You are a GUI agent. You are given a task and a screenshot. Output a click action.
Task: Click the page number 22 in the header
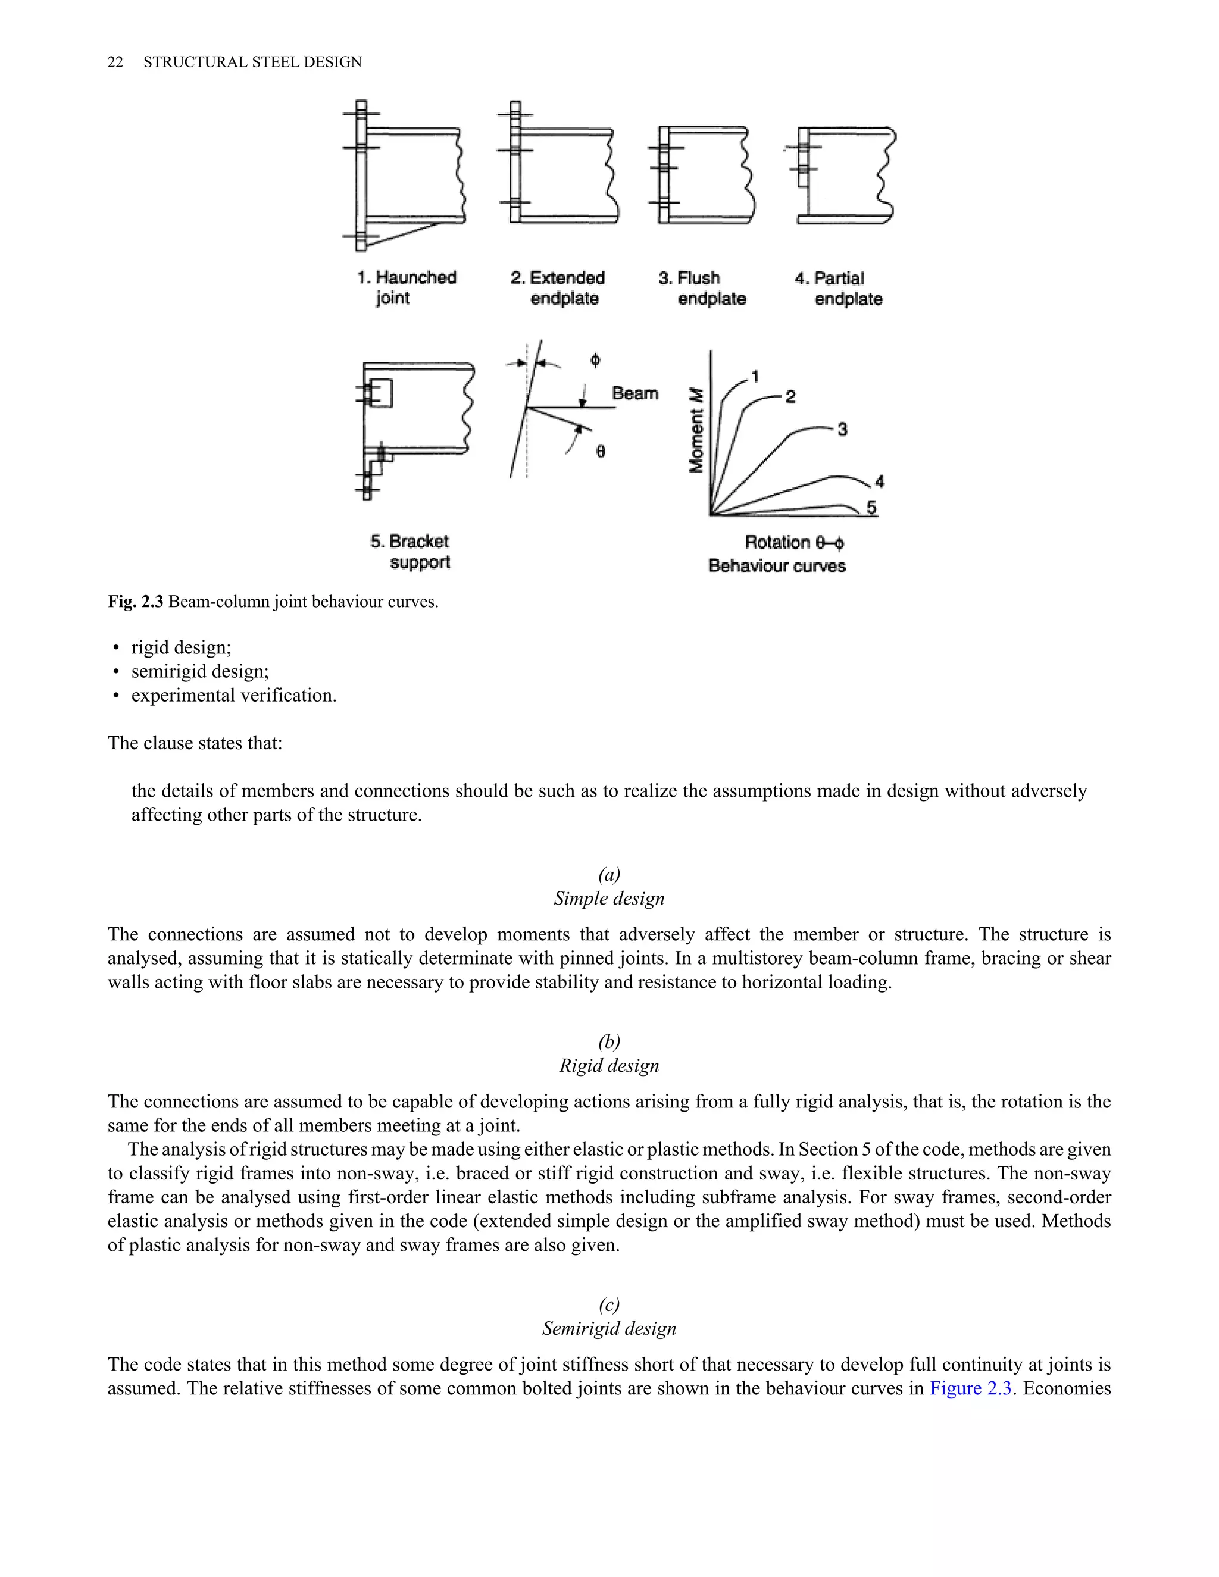point(115,62)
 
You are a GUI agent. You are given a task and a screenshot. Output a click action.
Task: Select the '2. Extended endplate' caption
point(558,288)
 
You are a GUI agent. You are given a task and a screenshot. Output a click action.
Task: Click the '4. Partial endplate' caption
point(839,288)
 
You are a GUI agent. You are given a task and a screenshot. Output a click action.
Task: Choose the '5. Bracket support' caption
point(410,551)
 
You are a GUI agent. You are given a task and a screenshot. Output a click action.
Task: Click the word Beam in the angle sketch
point(634,393)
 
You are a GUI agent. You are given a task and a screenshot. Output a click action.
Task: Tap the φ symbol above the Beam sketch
point(595,359)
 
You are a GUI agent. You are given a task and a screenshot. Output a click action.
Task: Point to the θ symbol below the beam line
point(601,451)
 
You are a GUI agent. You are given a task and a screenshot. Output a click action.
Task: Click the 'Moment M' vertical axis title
point(696,430)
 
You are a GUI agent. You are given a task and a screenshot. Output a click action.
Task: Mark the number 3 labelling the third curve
point(842,430)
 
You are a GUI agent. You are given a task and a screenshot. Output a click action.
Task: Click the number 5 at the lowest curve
point(871,508)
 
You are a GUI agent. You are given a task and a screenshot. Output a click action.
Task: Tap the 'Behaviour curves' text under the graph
point(777,565)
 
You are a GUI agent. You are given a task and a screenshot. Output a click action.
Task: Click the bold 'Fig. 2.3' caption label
point(136,602)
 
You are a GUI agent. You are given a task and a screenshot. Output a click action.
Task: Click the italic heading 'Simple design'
point(609,898)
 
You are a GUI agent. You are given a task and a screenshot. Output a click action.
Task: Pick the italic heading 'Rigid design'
point(609,1066)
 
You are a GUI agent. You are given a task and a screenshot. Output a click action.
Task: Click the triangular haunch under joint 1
point(393,233)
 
